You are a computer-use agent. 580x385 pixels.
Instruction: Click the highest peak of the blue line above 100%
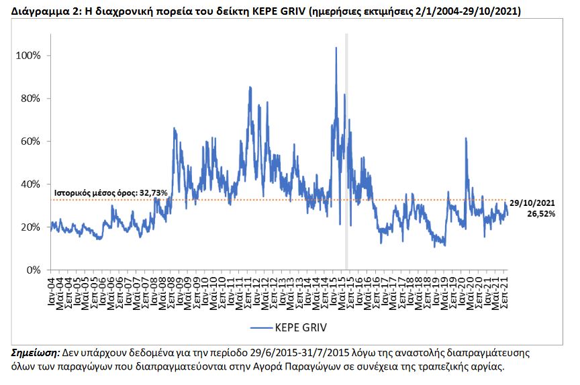(x=336, y=48)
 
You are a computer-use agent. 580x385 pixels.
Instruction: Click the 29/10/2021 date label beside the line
(x=532, y=203)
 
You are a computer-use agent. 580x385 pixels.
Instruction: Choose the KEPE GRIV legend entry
(x=289, y=327)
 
